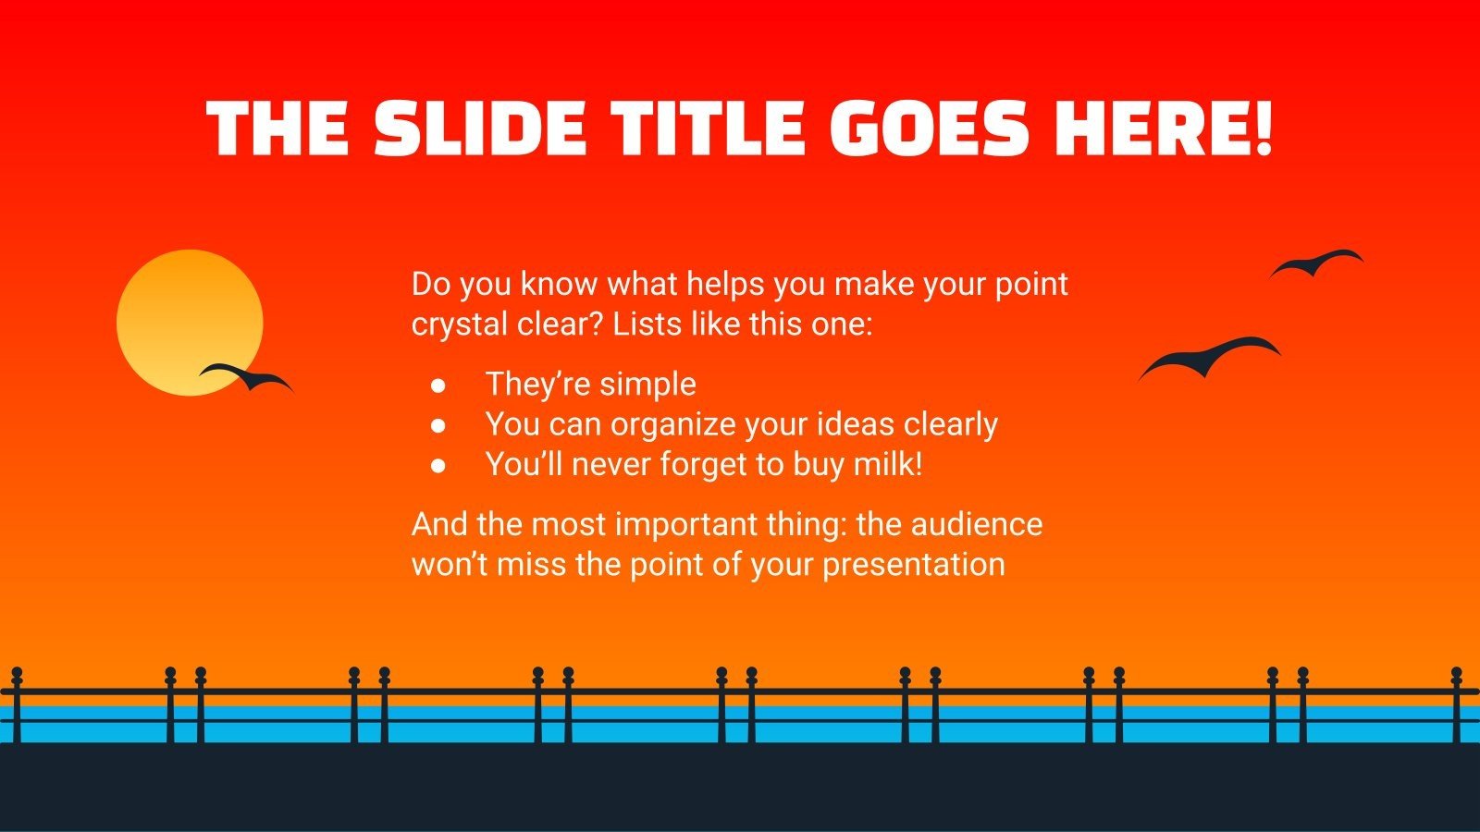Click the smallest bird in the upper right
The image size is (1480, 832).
(x=1316, y=263)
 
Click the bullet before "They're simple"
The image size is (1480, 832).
(x=438, y=385)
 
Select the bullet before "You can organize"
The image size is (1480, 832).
(x=438, y=424)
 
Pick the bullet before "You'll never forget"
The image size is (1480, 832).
(x=438, y=464)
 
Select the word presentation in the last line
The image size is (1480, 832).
(x=913, y=564)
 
